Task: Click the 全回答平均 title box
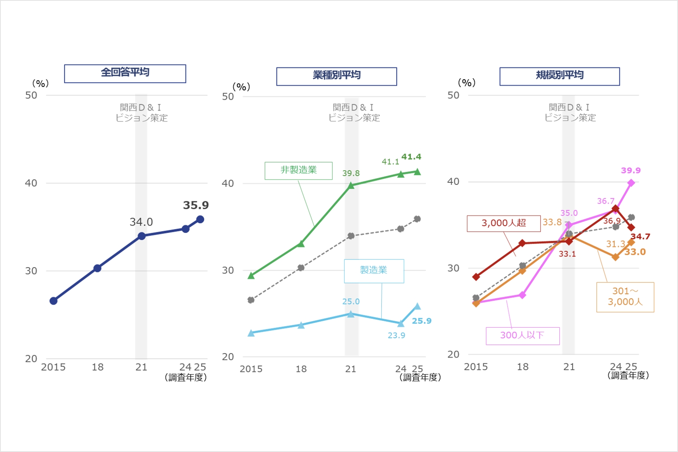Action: pos(125,73)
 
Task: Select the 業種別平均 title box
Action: pos(337,76)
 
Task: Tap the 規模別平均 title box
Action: pos(559,76)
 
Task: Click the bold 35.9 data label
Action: pos(196,205)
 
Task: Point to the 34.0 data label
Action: pos(141,222)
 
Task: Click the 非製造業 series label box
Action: pos(299,170)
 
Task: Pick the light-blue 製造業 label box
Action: pos(374,270)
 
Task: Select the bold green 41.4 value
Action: pos(411,157)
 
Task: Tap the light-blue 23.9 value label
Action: pos(396,335)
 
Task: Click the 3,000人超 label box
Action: pos(504,223)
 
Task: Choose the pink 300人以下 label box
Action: pos(523,335)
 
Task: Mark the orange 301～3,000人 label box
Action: pos(625,297)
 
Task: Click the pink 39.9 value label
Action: pos(631,170)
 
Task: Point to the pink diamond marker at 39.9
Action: pos(631,183)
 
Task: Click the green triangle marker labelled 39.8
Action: pos(351,186)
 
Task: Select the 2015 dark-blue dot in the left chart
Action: pos(54,301)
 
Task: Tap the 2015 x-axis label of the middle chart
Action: pos(251,369)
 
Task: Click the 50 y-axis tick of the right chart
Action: pos(453,95)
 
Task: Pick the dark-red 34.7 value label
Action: pos(640,236)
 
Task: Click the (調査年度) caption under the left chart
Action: pos(186,377)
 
